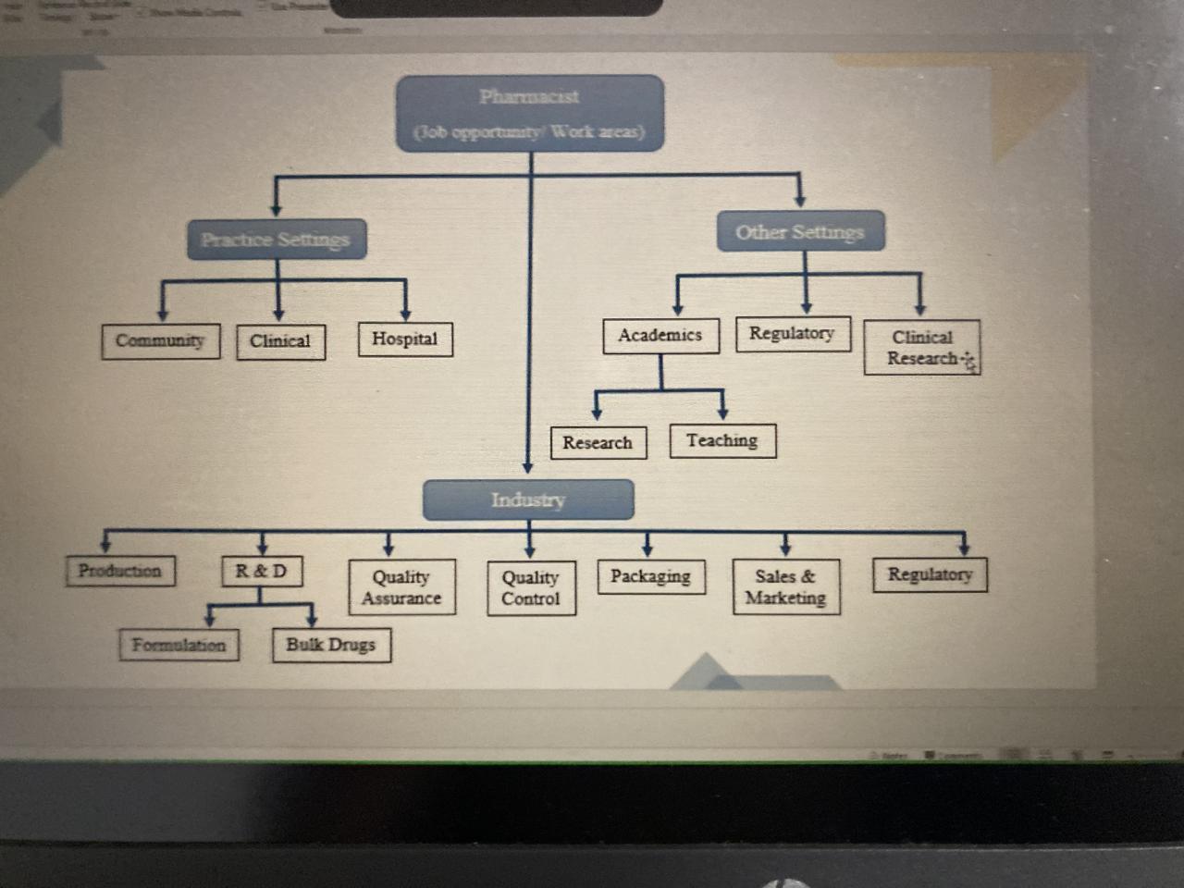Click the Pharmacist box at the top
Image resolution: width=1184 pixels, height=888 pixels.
click(x=530, y=113)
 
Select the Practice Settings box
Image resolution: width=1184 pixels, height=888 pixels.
click(x=276, y=240)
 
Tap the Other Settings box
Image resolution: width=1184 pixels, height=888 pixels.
click(x=800, y=231)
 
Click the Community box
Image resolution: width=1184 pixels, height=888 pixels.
click(x=160, y=340)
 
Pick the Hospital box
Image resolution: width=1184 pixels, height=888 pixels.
click(x=405, y=339)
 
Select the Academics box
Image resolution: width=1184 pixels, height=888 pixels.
click(x=660, y=335)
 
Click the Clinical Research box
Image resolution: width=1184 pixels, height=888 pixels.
click(x=921, y=348)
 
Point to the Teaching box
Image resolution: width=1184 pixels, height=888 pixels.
click(x=721, y=440)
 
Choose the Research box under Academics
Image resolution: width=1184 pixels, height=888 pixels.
click(x=598, y=442)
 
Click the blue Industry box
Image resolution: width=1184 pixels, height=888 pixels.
click(x=528, y=499)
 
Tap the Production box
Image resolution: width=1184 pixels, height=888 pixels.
click(x=119, y=570)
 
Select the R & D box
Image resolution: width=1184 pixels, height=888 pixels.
click(x=262, y=571)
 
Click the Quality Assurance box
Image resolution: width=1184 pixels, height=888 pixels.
click(x=401, y=587)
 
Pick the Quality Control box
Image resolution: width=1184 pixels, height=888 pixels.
click(x=531, y=587)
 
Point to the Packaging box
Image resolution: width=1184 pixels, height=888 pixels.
click(x=650, y=576)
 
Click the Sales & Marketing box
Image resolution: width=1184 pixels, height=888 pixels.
click(x=785, y=586)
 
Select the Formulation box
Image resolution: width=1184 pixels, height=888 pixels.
click(x=179, y=645)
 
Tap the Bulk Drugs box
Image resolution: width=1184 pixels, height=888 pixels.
click(x=331, y=645)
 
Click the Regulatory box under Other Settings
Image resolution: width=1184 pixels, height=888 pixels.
click(x=792, y=333)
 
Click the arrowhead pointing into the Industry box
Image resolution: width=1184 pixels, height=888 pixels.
click(x=527, y=467)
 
